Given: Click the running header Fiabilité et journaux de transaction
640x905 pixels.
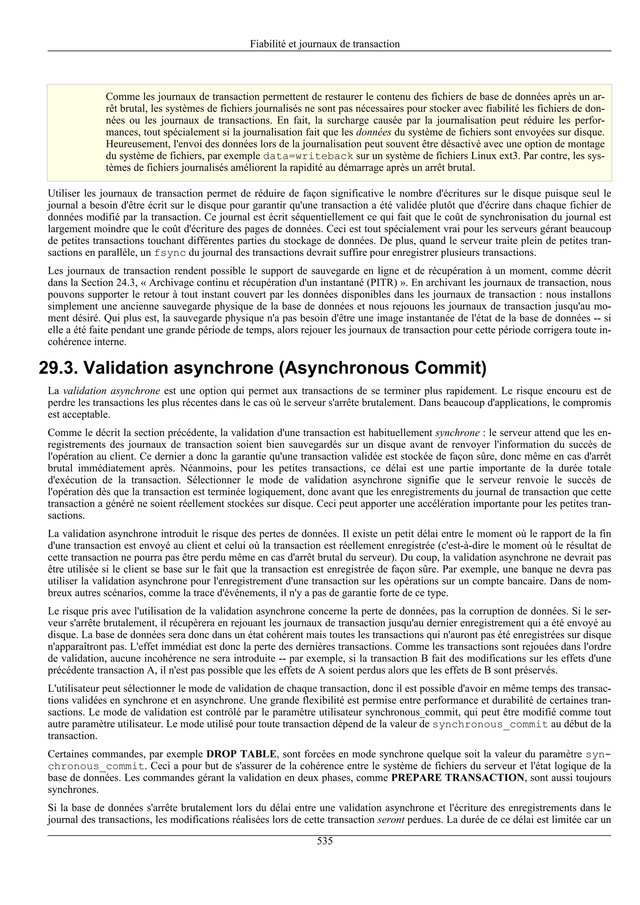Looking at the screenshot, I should (x=325, y=44).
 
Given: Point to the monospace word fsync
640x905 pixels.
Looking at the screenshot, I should (x=170, y=253).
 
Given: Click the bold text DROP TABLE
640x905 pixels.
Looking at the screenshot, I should (x=241, y=754).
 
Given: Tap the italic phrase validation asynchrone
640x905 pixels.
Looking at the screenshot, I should (x=112, y=391).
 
